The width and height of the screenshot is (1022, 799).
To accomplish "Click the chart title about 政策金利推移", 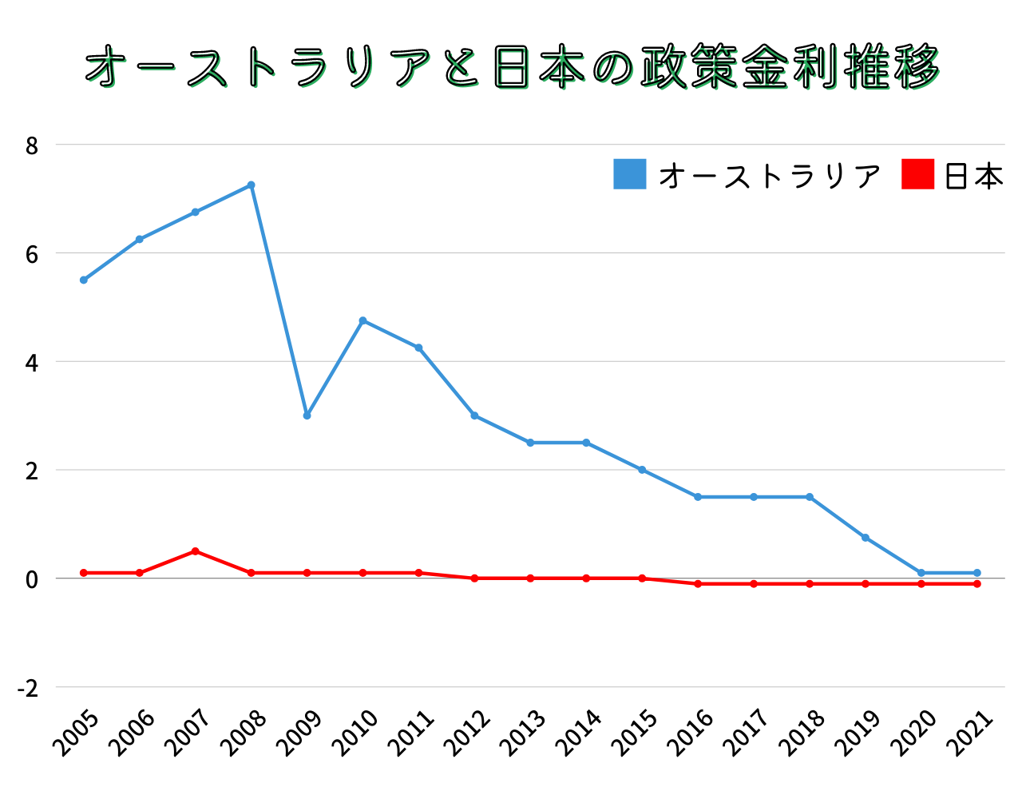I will pos(512,67).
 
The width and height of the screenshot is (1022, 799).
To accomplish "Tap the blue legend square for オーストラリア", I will pos(629,174).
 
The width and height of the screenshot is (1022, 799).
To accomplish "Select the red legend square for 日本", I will pos(917,174).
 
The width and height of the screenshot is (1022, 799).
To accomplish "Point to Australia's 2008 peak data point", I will pos(251,185).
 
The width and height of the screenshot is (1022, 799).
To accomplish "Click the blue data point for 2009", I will pos(307,415).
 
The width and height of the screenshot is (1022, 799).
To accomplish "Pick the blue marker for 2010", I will pos(362,320).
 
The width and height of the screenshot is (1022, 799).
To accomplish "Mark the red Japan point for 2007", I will pos(195,551).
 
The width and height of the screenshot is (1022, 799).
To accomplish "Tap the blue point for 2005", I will pos(83,280).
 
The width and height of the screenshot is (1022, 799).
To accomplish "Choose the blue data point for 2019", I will pos(866,538).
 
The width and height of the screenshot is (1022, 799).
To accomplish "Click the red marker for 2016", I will pos(698,584).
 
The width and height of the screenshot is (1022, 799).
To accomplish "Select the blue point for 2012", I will pos(474,415).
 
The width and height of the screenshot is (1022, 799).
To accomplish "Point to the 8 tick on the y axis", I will pos(32,146).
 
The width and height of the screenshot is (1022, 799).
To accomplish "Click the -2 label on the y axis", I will pos(28,689).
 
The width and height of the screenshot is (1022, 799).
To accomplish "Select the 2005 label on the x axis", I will pos(77,733).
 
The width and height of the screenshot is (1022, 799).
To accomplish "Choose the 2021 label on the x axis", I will pos(971,733).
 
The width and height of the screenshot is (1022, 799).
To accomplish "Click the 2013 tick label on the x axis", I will pos(524,733).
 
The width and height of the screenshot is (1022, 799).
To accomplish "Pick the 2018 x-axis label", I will pos(803,733).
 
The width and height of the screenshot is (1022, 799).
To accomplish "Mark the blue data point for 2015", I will pos(642,470).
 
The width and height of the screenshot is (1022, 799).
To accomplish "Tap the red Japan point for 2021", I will pos(977,584).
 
